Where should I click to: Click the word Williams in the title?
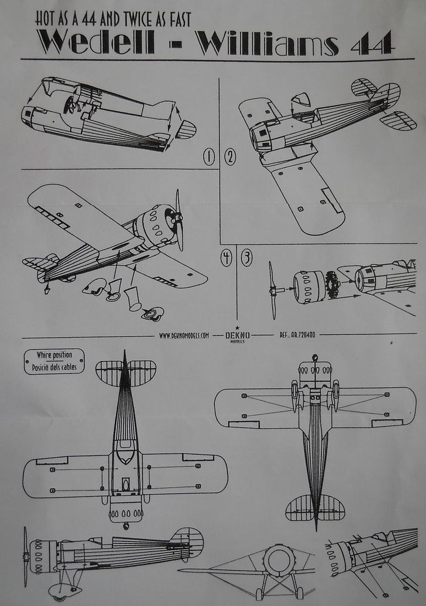(268, 43)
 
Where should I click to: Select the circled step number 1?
(209, 158)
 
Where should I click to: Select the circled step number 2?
(230, 158)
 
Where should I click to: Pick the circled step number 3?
(247, 257)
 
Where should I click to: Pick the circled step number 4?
(226, 257)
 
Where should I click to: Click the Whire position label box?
(54, 361)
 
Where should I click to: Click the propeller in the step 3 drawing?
(272, 290)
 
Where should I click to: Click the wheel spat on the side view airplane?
(57, 591)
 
